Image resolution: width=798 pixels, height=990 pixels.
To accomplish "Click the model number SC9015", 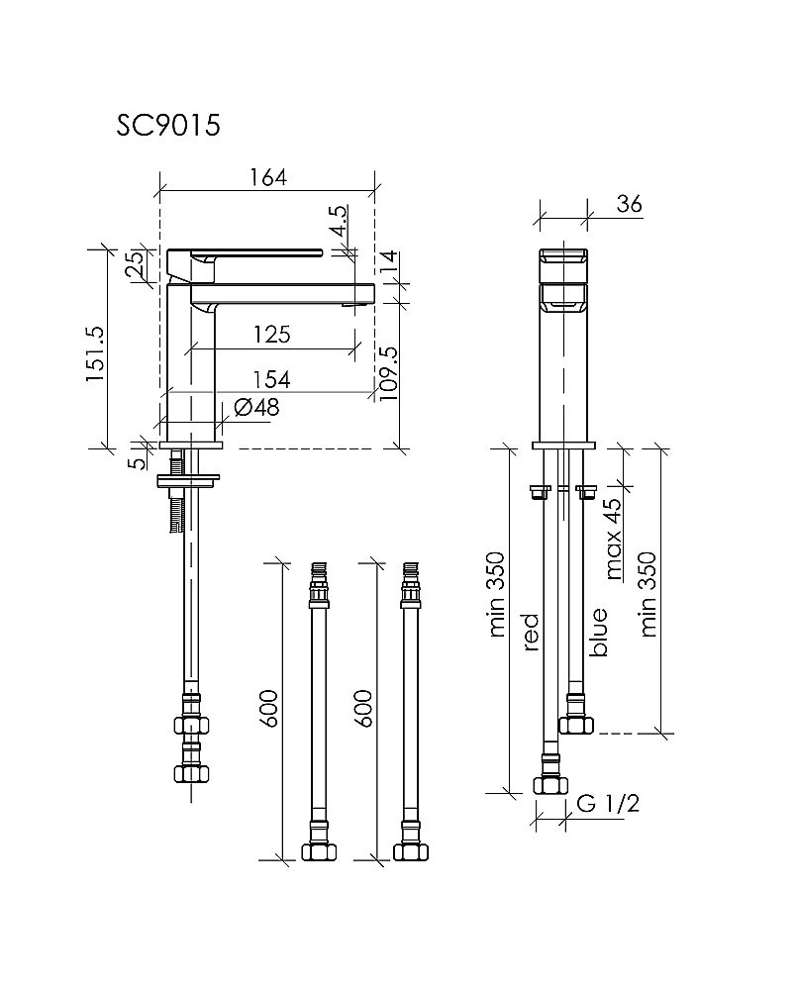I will [167, 126].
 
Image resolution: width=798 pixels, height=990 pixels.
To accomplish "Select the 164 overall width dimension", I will [267, 177].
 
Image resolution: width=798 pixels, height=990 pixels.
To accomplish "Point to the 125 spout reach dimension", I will [270, 334].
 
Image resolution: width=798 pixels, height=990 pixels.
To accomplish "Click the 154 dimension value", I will [270, 379].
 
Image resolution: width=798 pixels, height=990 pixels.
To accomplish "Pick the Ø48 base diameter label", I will [256, 407].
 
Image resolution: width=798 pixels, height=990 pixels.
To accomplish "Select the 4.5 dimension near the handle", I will [340, 220].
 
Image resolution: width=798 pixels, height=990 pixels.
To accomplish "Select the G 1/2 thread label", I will [607, 804].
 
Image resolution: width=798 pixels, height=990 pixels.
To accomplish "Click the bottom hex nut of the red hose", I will [547, 785].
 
